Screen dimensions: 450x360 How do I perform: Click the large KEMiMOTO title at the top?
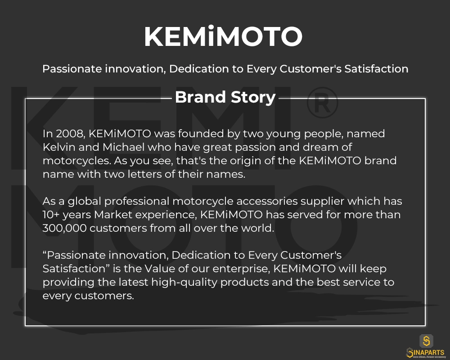coord(223,36)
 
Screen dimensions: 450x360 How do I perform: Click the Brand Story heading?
coord(225,97)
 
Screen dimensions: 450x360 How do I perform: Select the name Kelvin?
coord(59,147)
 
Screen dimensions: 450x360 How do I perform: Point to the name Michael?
coord(124,147)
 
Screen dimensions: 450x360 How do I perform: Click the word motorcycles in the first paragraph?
coord(76,161)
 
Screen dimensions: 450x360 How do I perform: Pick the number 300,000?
coord(64,228)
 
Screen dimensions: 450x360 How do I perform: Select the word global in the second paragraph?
coord(85,202)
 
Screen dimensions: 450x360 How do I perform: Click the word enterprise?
coord(240,269)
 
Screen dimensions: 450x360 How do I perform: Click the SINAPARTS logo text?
coord(426,352)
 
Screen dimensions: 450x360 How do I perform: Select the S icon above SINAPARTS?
coord(427,341)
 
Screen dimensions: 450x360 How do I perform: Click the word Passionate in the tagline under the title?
coord(72,69)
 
